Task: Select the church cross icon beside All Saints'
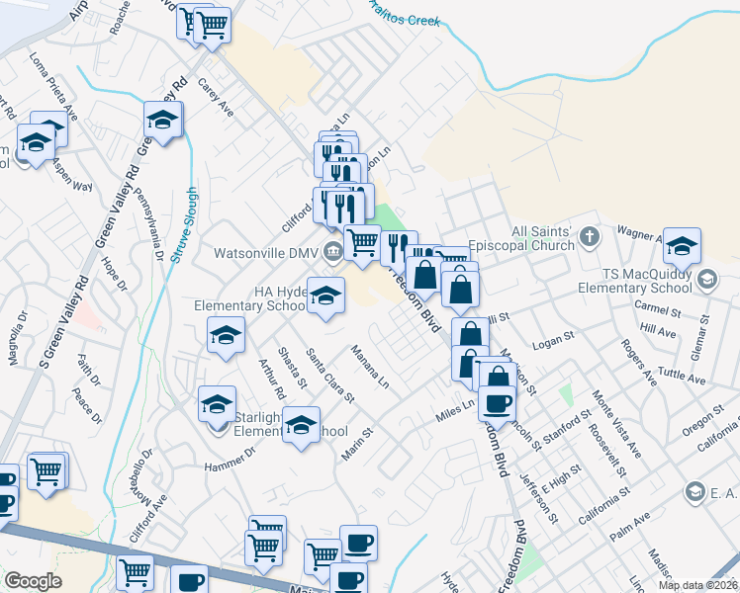coord(590,236)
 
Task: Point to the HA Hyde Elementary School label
coord(250,298)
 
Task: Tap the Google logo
coord(33,581)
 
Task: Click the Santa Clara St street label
coord(330,376)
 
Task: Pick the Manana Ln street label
coord(370,366)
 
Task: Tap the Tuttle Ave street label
coord(683,374)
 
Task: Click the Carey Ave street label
coord(216,98)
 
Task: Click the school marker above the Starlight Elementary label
coord(218,404)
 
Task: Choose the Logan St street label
coord(554,338)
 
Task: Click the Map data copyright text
coord(696,584)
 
